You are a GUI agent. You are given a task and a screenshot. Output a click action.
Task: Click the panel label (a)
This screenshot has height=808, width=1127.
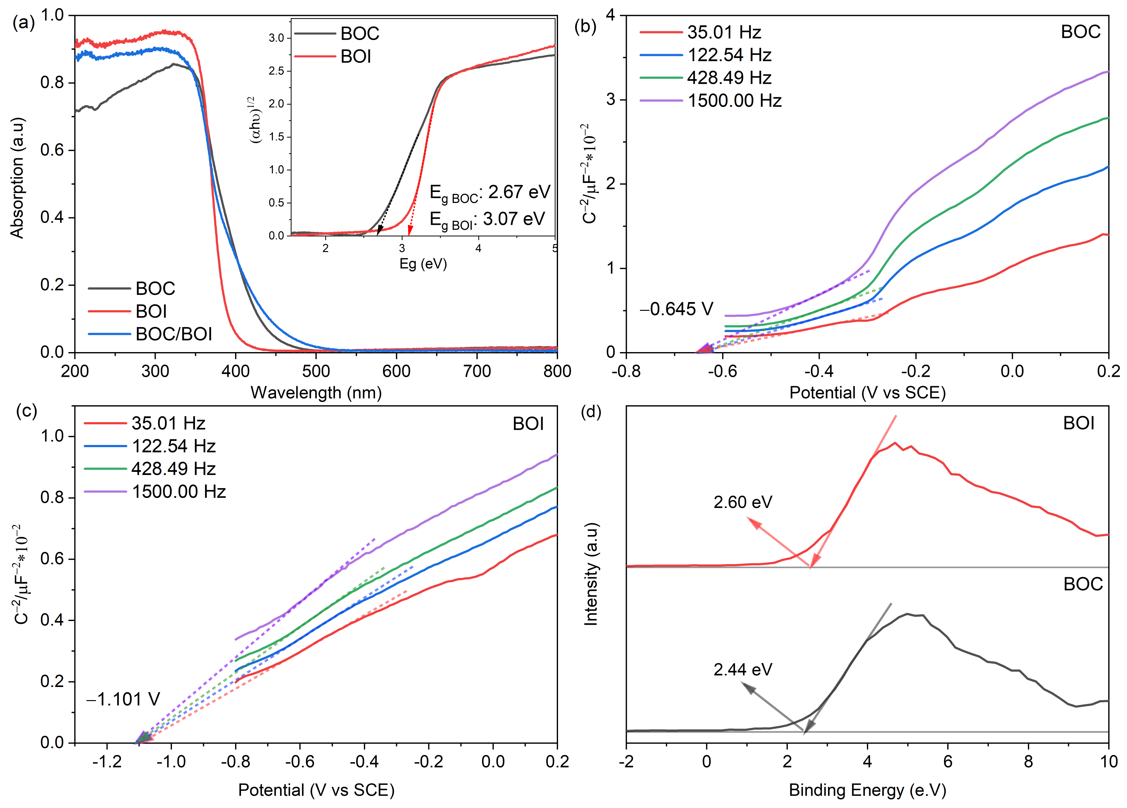tap(23, 23)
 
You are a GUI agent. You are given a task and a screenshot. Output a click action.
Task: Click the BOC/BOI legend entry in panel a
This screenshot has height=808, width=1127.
tap(174, 334)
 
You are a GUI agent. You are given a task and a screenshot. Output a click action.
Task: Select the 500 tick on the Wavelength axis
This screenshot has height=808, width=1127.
tap(316, 371)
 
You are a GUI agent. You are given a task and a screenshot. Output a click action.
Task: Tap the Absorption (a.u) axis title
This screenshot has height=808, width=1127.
tap(18, 178)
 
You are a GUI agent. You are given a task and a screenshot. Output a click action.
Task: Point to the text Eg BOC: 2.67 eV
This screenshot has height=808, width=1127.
tap(490, 193)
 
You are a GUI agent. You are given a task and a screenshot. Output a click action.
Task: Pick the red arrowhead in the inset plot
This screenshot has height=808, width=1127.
tap(410, 230)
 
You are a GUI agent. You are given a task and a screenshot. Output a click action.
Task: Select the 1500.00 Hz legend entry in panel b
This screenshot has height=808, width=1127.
tap(734, 101)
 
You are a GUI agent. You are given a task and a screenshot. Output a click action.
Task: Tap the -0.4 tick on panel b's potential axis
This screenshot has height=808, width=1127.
tap(818, 371)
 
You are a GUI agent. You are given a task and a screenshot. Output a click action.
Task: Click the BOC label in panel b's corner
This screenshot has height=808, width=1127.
tap(1080, 32)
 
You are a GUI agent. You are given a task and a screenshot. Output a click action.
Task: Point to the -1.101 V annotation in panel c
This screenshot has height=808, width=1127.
tap(123, 699)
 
